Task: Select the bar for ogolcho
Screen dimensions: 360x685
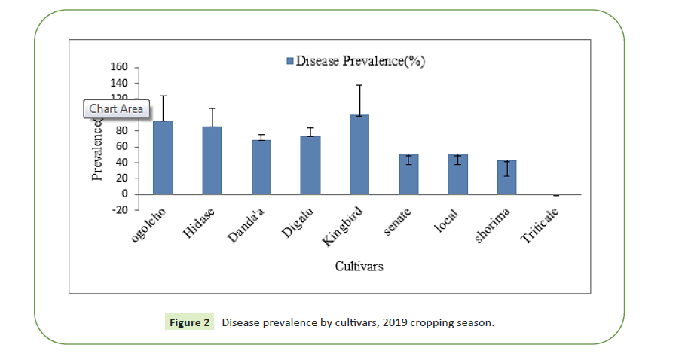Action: point(163,157)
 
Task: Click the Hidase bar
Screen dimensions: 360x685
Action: point(212,160)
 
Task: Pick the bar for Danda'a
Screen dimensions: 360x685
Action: point(261,167)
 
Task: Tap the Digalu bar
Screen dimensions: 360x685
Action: point(310,165)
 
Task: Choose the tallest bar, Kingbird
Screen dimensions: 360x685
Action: point(359,154)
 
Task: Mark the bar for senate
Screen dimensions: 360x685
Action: point(408,175)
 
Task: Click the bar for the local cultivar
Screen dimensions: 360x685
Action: point(457,175)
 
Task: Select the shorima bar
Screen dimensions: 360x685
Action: point(506,178)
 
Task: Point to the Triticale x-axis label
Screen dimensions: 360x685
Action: point(540,225)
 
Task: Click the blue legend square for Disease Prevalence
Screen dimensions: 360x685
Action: point(289,61)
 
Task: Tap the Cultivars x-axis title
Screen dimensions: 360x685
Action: point(359,267)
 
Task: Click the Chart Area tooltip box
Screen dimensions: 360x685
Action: point(115,109)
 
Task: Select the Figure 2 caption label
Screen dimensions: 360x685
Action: point(189,322)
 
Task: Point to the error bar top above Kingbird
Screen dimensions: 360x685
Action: point(359,85)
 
